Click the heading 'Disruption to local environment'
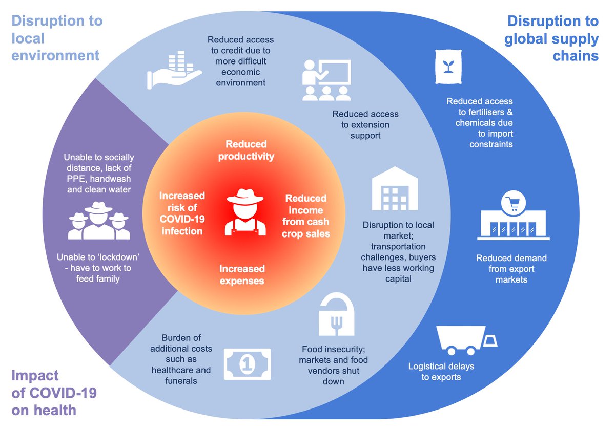pos(56,38)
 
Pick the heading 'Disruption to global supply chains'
pos(552,38)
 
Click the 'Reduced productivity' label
pos(246,150)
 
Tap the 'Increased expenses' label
pos(242,274)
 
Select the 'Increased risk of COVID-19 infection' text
pos(181,213)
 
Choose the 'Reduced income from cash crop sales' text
pos(305,216)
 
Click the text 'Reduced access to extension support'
pos(365,124)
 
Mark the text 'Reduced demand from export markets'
pos(511,269)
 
